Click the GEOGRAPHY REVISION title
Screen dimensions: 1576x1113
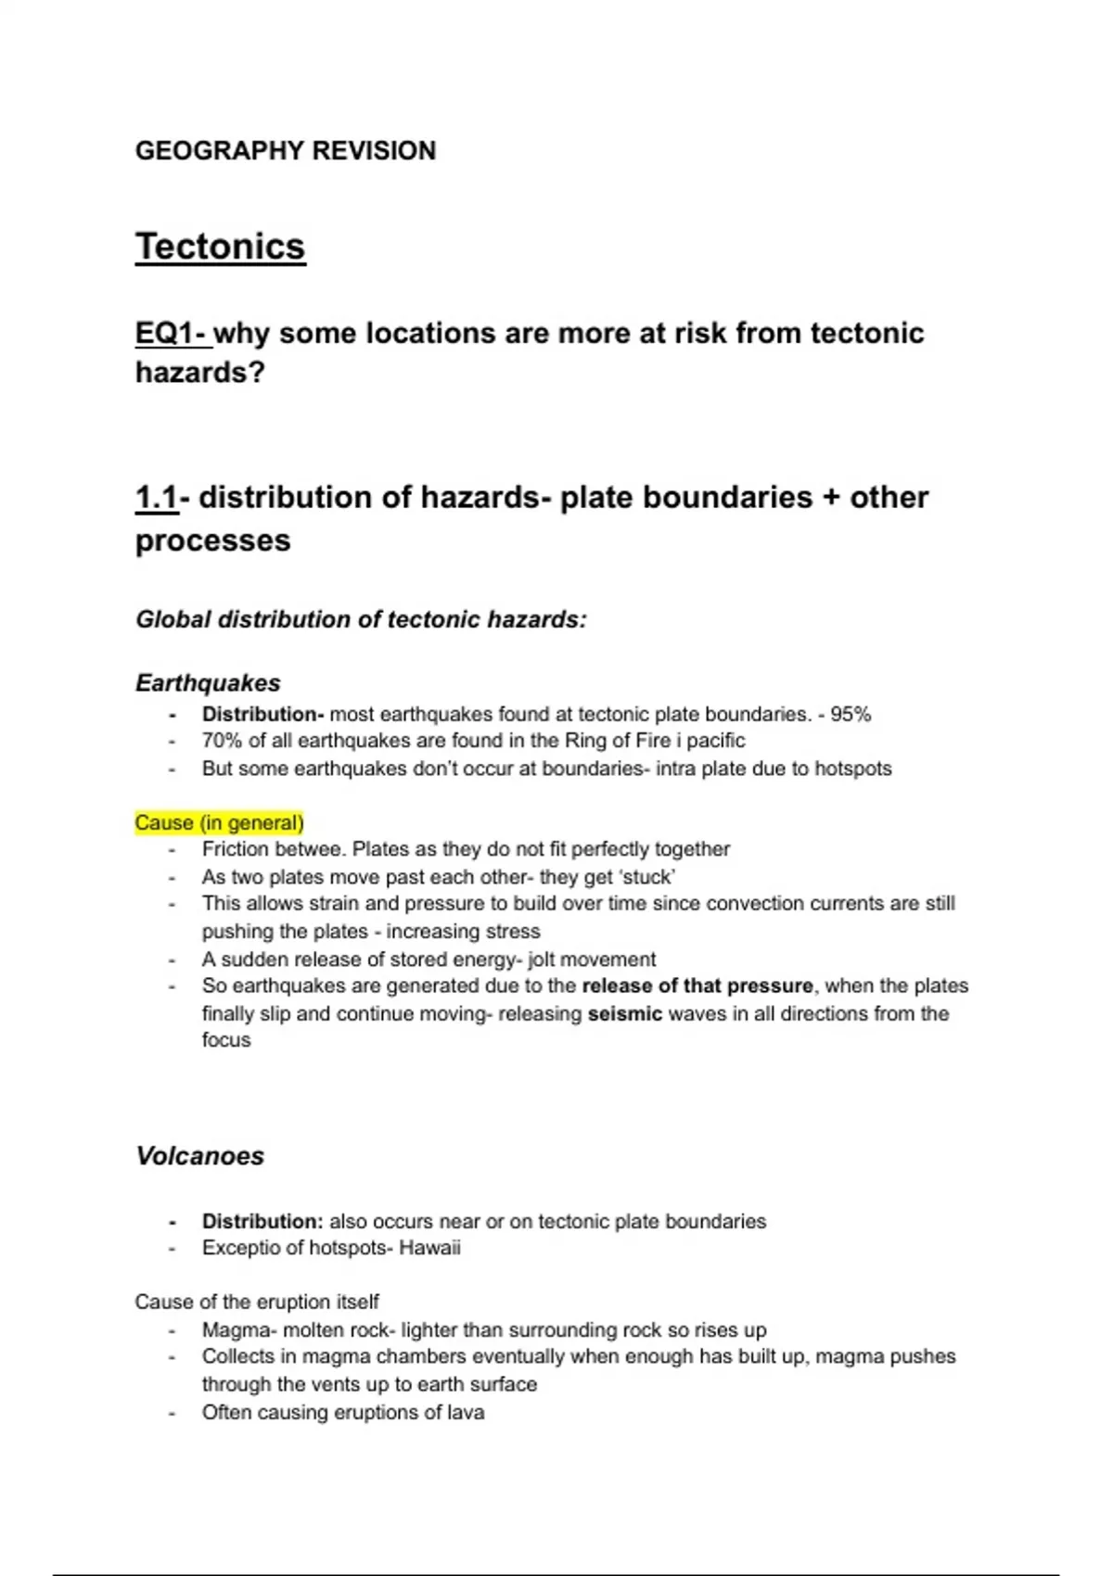pos(285,151)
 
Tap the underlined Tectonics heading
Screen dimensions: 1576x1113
pos(220,248)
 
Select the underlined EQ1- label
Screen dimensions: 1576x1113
pos(173,333)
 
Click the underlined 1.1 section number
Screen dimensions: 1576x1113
pos(156,498)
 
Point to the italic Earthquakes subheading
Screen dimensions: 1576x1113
pos(208,683)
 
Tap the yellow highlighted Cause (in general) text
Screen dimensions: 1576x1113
pos(219,822)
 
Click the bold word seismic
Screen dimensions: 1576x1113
pos(624,1013)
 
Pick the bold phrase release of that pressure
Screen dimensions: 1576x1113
pos(697,985)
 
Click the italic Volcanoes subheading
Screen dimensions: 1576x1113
pos(199,1156)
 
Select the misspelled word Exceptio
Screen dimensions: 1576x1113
pos(237,1248)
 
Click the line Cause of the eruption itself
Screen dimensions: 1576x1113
pos(257,1302)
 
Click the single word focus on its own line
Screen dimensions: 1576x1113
pos(226,1040)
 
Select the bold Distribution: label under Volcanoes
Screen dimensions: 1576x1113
pos(262,1221)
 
